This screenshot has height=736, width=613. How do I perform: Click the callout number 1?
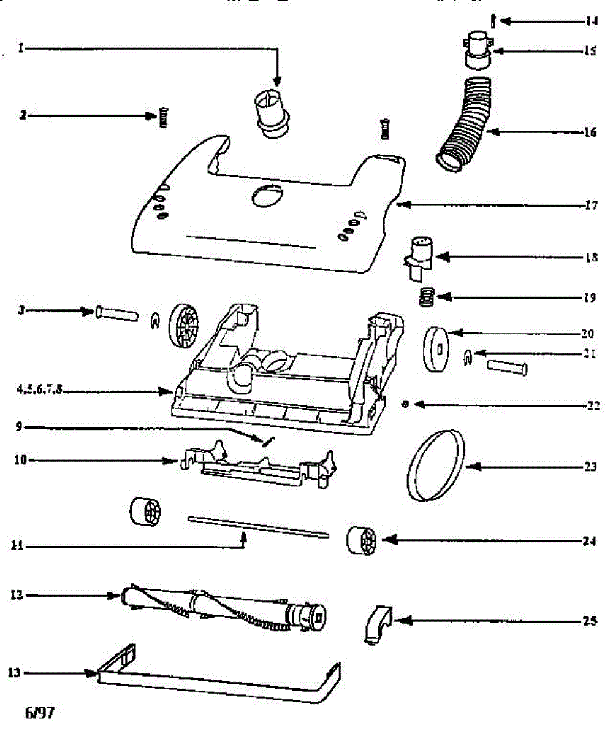coord(20,48)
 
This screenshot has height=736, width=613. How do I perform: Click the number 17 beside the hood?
coord(590,205)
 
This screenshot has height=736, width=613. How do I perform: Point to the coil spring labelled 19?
coord(424,298)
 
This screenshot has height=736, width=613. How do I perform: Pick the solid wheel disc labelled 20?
coord(436,350)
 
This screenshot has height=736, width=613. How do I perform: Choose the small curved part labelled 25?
coord(375,624)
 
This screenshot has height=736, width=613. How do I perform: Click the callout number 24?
coord(590,542)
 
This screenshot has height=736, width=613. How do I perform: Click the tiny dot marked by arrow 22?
coord(405,404)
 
